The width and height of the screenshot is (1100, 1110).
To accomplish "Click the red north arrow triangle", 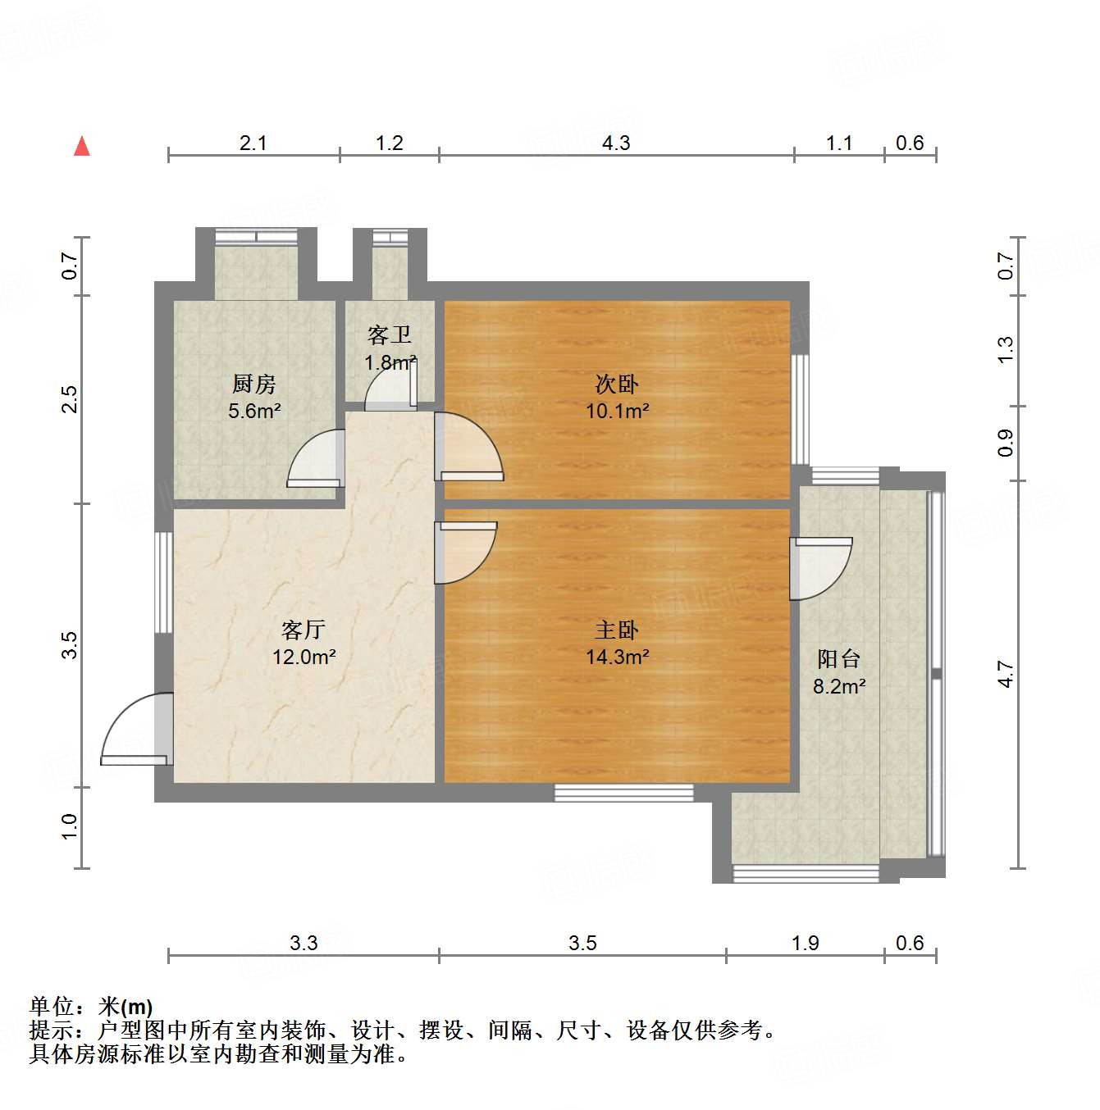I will (82, 147).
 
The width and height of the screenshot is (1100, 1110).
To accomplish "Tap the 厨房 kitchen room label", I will (254, 384).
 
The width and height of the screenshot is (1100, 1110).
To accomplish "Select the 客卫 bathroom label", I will (390, 334).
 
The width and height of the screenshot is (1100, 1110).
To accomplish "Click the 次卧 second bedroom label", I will (617, 384).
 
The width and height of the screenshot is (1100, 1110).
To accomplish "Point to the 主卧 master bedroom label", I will (617, 630).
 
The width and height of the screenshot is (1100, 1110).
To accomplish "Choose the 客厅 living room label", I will (304, 630).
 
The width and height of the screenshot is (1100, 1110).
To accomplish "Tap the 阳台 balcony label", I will (839, 658).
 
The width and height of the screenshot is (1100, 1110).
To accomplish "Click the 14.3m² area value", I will (618, 657).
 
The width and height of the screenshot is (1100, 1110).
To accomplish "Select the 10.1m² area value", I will (618, 411).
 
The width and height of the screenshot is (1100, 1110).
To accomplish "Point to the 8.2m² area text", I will (839, 686).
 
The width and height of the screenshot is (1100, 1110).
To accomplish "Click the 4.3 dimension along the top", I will (616, 143).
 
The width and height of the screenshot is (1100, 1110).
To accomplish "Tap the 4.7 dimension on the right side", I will (1006, 674).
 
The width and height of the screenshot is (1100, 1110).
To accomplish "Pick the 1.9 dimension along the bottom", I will (806, 943).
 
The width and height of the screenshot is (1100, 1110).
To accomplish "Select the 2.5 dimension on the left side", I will (70, 399).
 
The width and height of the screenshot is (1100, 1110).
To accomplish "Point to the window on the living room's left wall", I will (164, 582).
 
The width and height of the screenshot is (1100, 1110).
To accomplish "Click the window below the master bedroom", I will (623, 793).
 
